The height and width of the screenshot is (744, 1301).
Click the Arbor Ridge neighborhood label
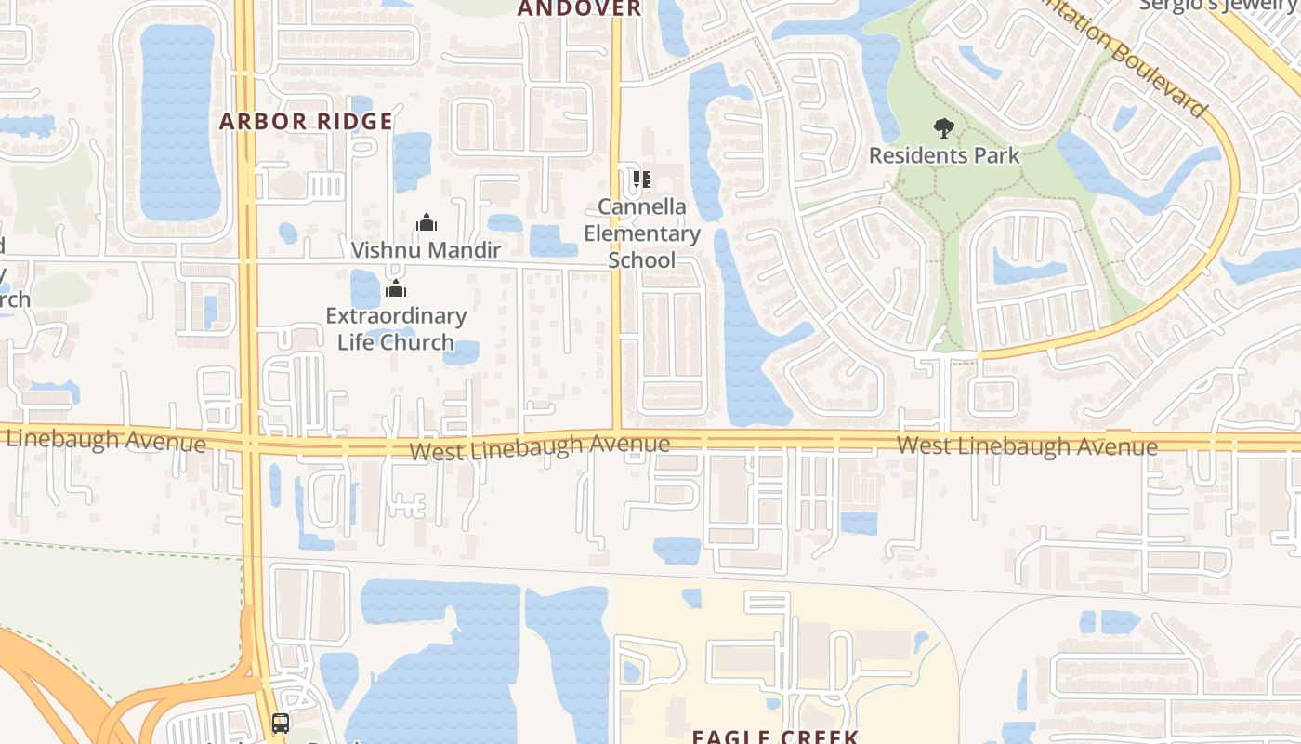[x=306, y=122]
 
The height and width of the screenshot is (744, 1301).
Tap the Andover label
[x=579, y=8]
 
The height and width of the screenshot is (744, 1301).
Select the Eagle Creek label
[x=774, y=737]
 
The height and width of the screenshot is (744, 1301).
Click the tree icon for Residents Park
[x=943, y=128]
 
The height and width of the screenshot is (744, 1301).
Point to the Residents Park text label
[x=944, y=155]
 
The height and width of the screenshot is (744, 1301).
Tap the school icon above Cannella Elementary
[x=641, y=179]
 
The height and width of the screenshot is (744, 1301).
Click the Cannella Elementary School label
[x=641, y=233]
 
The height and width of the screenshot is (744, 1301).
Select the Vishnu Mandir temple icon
[x=427, y=222]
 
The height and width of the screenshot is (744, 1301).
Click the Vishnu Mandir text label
[x=427, y=250]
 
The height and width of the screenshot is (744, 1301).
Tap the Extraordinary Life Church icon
[x=396, y=289]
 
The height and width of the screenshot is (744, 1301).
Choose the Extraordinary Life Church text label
[x=396, y=329]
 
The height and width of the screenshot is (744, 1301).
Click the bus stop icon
[x=280, y=723]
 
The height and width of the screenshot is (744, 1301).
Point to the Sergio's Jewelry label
[x=1217, y=6]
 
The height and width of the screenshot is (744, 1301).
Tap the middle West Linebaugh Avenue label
[x=539, y=447]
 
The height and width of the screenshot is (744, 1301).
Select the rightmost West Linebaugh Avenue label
[x=1027, y=445]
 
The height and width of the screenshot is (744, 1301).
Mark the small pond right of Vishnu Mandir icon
[x=505, y=223]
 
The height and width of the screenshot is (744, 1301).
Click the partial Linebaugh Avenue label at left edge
[x=104, y=439]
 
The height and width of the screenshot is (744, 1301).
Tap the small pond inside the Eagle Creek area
[x=691, y=598]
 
